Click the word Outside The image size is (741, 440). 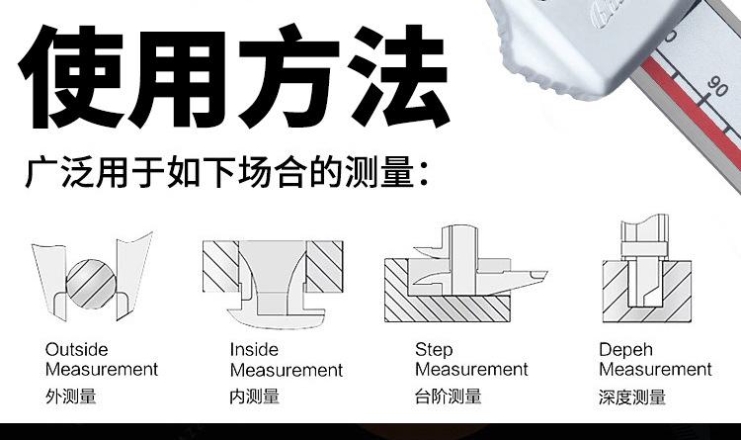tap(77, 350)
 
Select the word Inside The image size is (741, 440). tap(254, 350)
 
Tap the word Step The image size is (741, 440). tap(434, 350)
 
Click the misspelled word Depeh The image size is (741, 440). tap(625, 350)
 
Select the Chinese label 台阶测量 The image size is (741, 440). tap(448, 397)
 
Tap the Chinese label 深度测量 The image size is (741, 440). tap(632, 397)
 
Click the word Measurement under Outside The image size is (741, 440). tap(102, 370)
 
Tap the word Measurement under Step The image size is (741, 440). tap(471, 370)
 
